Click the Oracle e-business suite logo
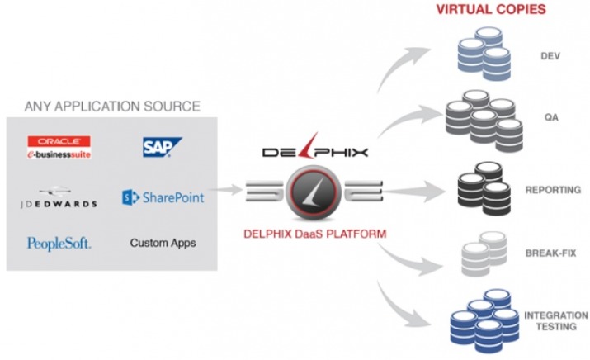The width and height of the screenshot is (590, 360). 59,147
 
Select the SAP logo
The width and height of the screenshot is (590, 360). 163,147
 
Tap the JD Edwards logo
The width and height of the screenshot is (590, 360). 59,197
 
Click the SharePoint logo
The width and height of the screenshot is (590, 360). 163,197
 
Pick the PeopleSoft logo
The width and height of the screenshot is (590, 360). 59,244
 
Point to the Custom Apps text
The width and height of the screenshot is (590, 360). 163,243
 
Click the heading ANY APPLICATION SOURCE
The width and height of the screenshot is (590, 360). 112,107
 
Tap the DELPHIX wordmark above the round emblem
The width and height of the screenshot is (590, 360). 315,148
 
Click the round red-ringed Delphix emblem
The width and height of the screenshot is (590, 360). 314,193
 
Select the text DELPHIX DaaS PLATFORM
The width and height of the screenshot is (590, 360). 315,234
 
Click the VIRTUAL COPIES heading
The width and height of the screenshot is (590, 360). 491,9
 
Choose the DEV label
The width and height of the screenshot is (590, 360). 550,56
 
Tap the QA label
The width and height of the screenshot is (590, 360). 551,117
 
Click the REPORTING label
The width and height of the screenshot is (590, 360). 553,190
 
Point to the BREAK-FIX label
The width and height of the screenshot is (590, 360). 550,253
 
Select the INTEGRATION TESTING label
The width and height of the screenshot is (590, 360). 556,321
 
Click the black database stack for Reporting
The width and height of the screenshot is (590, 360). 484,188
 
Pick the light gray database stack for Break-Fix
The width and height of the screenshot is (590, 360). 484,254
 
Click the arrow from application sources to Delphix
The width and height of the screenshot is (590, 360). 224,189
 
